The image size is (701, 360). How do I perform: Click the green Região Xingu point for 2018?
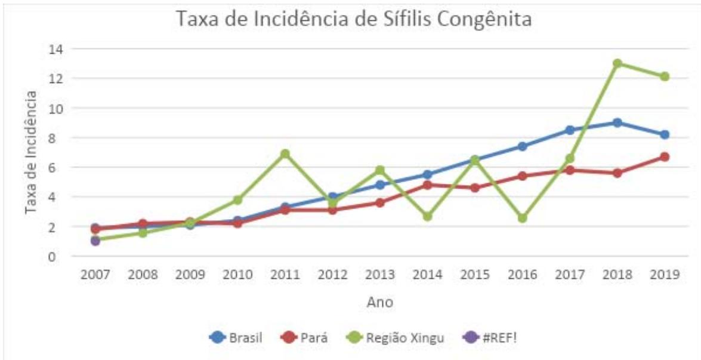point(617,63)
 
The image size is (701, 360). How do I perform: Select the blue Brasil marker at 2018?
point(617,123)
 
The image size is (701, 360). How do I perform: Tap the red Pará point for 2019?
point(664,157)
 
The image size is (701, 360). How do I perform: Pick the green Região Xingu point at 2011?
point(285,154)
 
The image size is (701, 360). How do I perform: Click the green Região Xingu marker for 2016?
point(522,218)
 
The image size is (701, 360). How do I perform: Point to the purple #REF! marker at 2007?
point(95,241)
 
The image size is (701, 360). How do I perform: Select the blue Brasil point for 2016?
point(522,146)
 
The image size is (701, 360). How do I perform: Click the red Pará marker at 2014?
point(427,185)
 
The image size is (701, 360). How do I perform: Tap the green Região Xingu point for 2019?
point(664,76)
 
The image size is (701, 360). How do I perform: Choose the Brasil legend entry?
point(236,337)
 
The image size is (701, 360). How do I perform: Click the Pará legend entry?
point(306,337)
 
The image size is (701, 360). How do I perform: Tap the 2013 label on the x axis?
point(379,275)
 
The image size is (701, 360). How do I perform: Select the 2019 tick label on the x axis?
point(664,275)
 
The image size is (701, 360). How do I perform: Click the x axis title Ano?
point(379,303)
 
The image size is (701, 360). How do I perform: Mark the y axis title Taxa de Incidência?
point(31,152)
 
